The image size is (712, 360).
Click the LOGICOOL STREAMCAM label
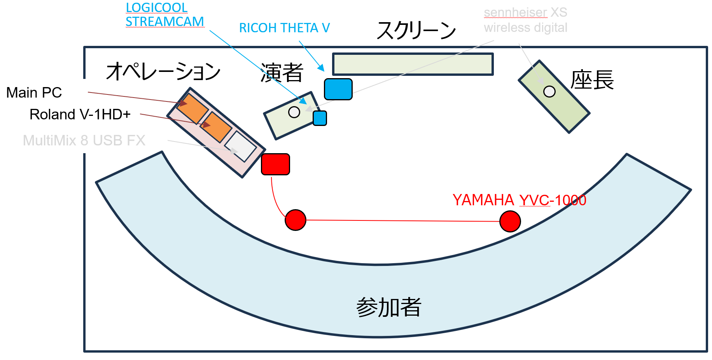pos(164,15)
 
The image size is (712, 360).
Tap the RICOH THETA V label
pos(284,28)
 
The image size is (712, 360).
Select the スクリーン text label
pos(416,30)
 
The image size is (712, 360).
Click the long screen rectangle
pos(413,64)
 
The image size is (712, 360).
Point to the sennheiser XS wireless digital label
pos(525,20)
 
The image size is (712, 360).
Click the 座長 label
pos(592,80)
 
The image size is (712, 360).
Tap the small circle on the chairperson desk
pos(549,92)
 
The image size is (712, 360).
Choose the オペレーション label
pos(163,72)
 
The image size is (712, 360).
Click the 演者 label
pos(282,73)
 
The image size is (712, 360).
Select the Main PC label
pos(34,93)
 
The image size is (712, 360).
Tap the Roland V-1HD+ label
pos(80,115)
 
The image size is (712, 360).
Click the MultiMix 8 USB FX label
pos(84,140)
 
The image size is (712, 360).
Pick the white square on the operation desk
pos(240,146)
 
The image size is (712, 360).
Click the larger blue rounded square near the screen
pos(338,89)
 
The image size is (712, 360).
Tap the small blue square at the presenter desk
pos(320,118)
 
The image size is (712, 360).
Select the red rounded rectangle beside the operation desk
pos(275,164)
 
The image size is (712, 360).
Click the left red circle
pos(296,220)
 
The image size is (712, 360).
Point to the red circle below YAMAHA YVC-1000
pos(510,222)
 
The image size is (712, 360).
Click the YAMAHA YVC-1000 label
pos(519,200)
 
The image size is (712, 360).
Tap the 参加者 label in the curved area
pos(388,307)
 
